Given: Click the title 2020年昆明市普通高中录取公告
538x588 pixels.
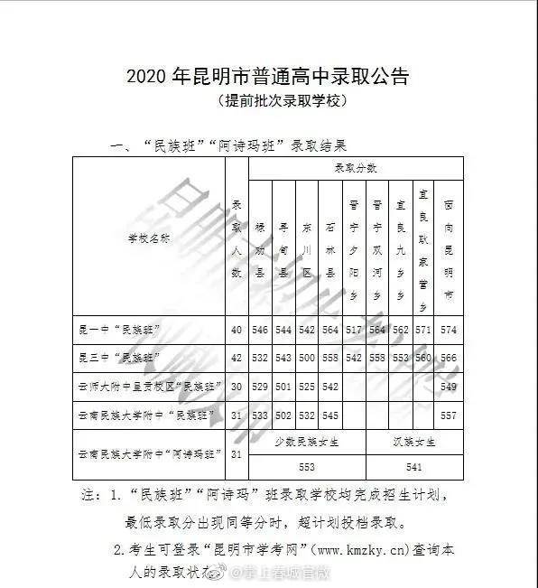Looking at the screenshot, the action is tap(269, 76).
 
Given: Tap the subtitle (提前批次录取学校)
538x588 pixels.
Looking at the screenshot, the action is tap(269, 101).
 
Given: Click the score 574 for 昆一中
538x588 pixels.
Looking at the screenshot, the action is tap(449, 329).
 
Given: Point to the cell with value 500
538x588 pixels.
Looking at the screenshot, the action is tap(306, 358).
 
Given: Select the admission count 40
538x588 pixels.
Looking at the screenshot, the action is tap(237, 329).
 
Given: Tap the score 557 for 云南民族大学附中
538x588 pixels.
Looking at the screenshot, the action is tap(449, 415).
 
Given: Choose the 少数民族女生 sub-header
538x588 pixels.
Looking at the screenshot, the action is tap(307, 442).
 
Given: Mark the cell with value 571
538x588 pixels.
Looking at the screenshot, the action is tap(423, 329).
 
